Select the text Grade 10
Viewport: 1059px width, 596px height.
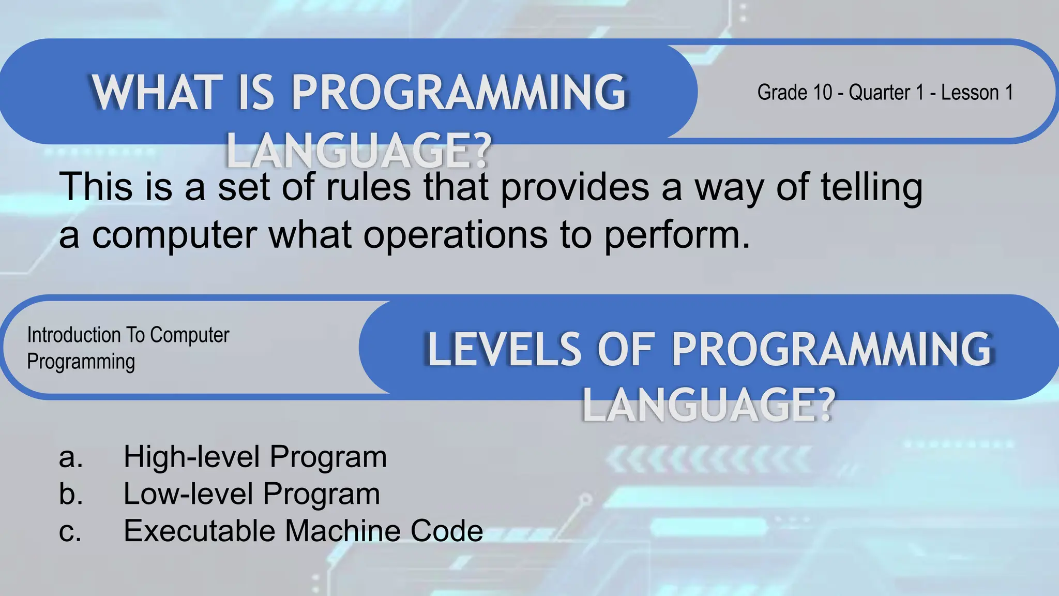[794, 93]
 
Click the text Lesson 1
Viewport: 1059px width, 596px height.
[977, 93]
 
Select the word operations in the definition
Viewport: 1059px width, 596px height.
[456, 235]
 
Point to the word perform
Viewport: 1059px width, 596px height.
[676, 235]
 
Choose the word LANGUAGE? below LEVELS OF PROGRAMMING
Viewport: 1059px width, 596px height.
[708, 405]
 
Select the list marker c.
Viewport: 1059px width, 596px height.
[70, 531]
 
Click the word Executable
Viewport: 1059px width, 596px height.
[199, 531]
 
